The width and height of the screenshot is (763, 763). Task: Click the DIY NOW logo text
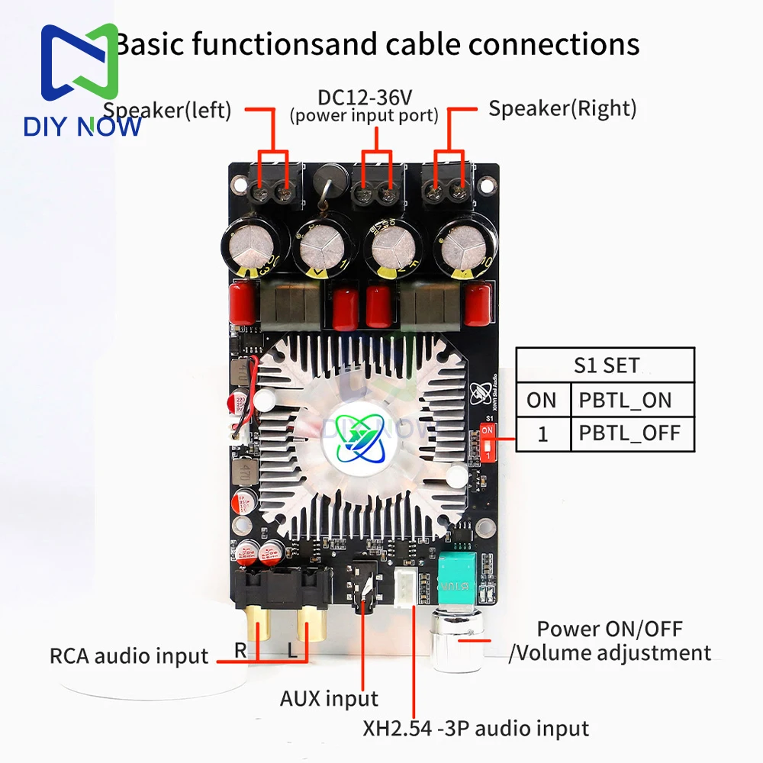click(82, 125)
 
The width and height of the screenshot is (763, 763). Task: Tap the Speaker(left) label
click(167, 110)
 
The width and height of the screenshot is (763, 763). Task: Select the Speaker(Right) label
click(562, 108)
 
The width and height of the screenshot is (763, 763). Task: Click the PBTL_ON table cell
click(625, 399)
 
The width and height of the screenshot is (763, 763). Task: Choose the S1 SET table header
click(607, 365)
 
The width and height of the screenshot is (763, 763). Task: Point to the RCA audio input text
click(128, 655)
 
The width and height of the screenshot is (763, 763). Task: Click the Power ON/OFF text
click(610, 629)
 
